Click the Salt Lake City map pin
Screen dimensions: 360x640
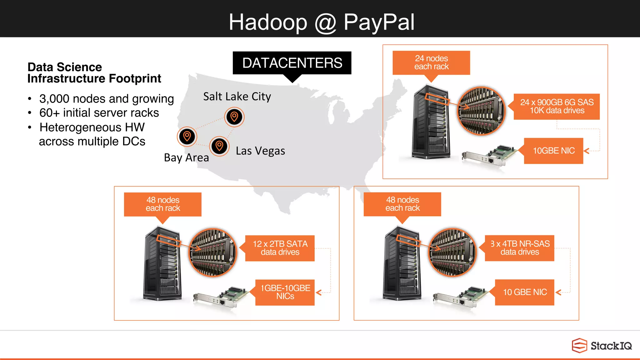pyautogui.click(x=234, y=117)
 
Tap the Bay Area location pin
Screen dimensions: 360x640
pyautogui.click(x=187, y=137)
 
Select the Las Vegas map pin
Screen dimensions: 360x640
pyautogui.click(x=219, y=146)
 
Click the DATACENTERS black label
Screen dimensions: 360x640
pyautogui.click(x=292, y=63)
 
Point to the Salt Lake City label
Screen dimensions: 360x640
pyautogui.click(x=237, y=97)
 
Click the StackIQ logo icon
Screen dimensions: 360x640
pyautogui.click(x=579, y=345)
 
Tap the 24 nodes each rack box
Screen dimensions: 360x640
pyautogui.click(x=431, y=62)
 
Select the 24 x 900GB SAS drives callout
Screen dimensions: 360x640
pyautogui.click(x=557, y=107)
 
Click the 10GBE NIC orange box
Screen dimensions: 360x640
pyautogui.click(x=553, y=151)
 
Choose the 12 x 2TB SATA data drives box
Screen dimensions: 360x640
pyautogui.click(x=280, y=248)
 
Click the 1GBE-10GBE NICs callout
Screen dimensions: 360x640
pyautogui.click(x=285, y=292)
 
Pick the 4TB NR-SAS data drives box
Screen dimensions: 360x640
pyautogui.click(x=519, y=248)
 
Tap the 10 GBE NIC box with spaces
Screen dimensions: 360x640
pyautogui.click(x=525, y=292)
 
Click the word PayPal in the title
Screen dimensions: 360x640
pyautogui.click(x=379, y=22)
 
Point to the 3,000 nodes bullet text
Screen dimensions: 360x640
pyautogui.click(x=106, y=99)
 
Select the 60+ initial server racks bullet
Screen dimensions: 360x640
pyautogui.click(x=99, y=113)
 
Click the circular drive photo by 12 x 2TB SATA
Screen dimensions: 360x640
pyautogui.click(x=213, y=252)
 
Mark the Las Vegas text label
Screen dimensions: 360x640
pyautogui.click(x=260, y=151)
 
